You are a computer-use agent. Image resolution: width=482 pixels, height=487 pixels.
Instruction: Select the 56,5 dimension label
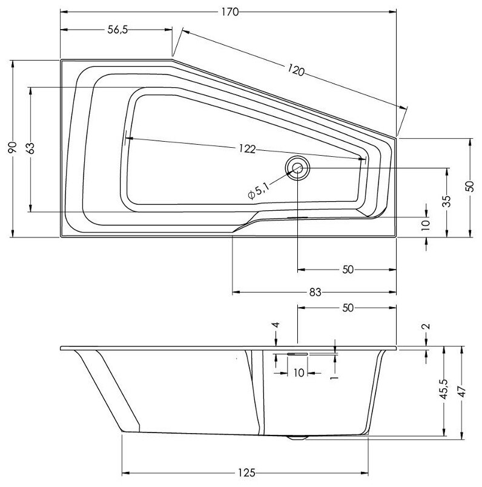click(x=116, y=30)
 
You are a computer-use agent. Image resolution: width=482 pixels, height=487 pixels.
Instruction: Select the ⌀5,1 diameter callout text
click(x=257, y=192)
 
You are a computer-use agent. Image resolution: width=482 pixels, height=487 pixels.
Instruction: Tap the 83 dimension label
click(x=314, y=292)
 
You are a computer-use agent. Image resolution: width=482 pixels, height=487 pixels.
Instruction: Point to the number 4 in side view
click(x=276, y=326)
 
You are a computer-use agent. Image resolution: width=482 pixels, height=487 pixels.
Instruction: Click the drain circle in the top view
click(x=297, y=168)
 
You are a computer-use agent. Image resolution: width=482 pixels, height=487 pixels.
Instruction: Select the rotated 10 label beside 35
click(x=426, y=224)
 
